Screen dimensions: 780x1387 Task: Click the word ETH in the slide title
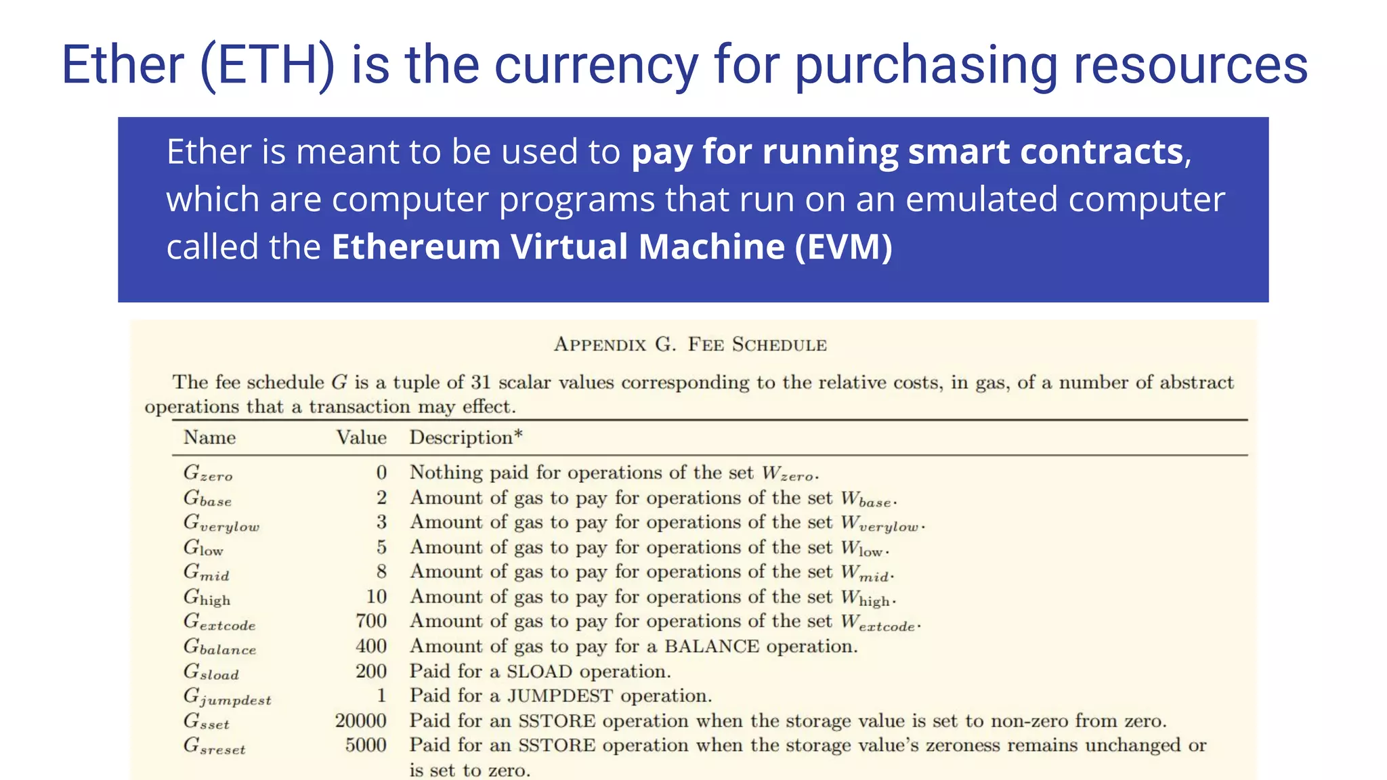pos(268,65)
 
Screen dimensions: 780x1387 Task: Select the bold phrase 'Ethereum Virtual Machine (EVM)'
pos(612,246)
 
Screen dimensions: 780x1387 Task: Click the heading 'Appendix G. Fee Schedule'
pos(690,345)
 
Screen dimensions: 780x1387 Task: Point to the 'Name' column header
pos(209,437)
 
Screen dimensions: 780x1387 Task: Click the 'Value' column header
pos(361,437)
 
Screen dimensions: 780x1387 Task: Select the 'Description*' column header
pos(466,437)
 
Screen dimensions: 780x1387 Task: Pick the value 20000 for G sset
pos(360,720)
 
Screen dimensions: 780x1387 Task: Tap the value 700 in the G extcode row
pos(371,621)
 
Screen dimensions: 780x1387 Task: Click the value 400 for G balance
pos(371,646)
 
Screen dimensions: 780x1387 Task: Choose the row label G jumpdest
pos(227,697)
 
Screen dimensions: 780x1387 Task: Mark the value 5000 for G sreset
pos(366,745)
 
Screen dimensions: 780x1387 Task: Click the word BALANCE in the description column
pos(711,647)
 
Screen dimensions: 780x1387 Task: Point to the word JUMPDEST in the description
pos(560,696)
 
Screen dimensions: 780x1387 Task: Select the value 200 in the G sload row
pos(371,671)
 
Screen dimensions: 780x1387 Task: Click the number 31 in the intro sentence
pos(480,383)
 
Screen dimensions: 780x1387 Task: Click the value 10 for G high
pos(377,597)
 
